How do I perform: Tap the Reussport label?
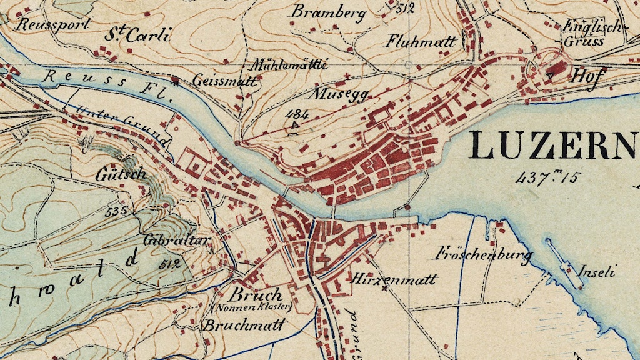[x=52, y=25]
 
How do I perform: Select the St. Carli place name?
[x=137, y=35]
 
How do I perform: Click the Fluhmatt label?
[x=421, y=42]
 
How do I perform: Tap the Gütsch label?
[x=121, y=174]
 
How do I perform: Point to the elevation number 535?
[x=116, y=212]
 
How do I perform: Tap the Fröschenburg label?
[x=483, y=254]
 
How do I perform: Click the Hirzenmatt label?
[x=394, y=279]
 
